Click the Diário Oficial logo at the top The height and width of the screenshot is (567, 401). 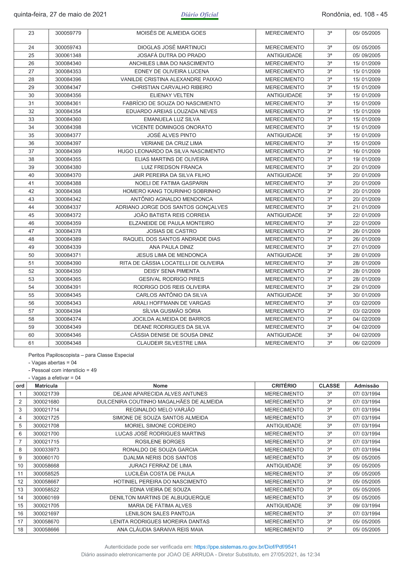click(x=199, y=15)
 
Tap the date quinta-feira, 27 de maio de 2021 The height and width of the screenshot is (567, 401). click(x=60, y=15)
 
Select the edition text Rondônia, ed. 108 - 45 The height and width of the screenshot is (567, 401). click(x=354, y=15)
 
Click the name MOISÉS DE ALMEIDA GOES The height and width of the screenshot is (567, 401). click(x=171, y=33)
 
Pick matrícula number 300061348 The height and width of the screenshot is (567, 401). click(x=68, y=55)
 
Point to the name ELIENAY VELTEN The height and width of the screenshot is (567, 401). click(x=172, y=95)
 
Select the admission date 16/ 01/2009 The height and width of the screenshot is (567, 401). click(x=366, y=151)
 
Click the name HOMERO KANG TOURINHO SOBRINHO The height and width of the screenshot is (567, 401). click(x=172, y=191)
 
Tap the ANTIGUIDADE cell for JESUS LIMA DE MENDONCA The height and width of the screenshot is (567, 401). click(x=284, y=255)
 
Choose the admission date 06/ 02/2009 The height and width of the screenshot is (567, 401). click(x=366, y=343)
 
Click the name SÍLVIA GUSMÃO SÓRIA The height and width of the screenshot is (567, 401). click(x=172, y=311)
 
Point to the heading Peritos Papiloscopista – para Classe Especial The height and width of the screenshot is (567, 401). click(x=81, y=355)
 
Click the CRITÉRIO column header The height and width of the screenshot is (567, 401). click(x=284, y=386)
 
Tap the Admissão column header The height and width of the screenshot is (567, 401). click(x=366, y=386)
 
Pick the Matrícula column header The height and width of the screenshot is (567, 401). click(x=46, y=386)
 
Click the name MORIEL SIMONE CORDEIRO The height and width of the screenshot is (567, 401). click(x=160, y=426)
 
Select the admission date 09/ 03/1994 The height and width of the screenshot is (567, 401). click(x=366, y=506)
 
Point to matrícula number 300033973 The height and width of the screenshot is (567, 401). click(x=46, y=450)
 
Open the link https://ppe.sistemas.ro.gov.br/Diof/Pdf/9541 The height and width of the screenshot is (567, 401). click(x=245, y=547)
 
